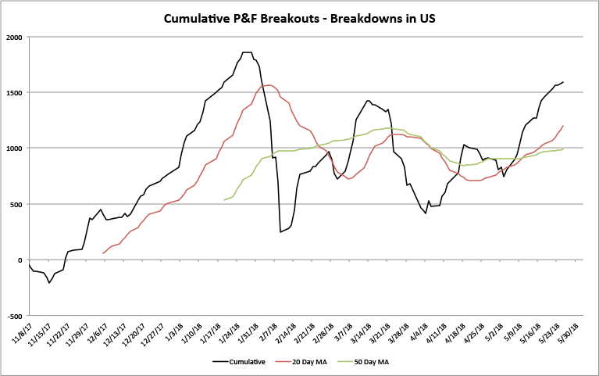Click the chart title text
299,18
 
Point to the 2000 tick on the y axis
14,37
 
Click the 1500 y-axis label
14,92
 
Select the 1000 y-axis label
14,149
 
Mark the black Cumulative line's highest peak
247,52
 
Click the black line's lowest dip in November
49,282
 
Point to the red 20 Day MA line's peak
269,85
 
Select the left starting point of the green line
224,200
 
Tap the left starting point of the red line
103,253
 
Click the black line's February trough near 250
280,231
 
